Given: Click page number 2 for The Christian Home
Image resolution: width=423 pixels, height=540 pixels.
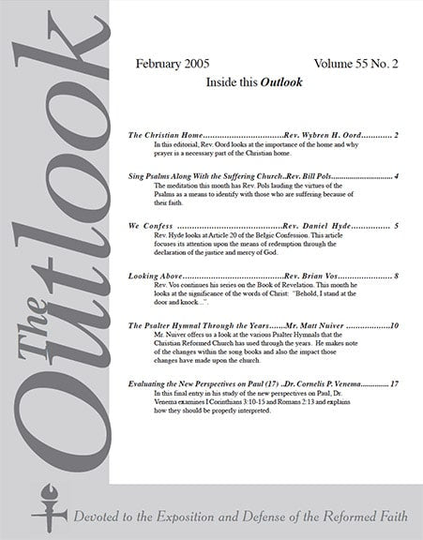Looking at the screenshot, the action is tap(398, 136).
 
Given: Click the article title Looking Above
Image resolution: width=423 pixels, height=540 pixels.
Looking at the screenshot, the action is tap(155, 277).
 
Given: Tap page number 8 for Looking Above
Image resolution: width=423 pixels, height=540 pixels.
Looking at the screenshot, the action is tap(398, 277).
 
